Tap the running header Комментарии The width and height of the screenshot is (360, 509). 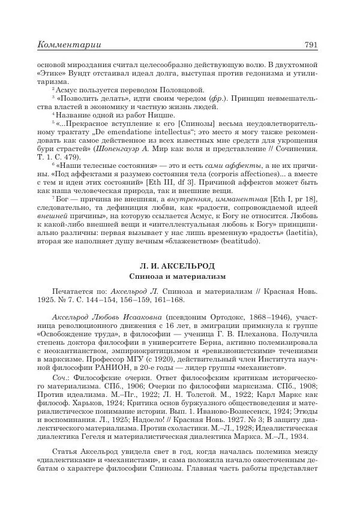pos(69,44)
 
